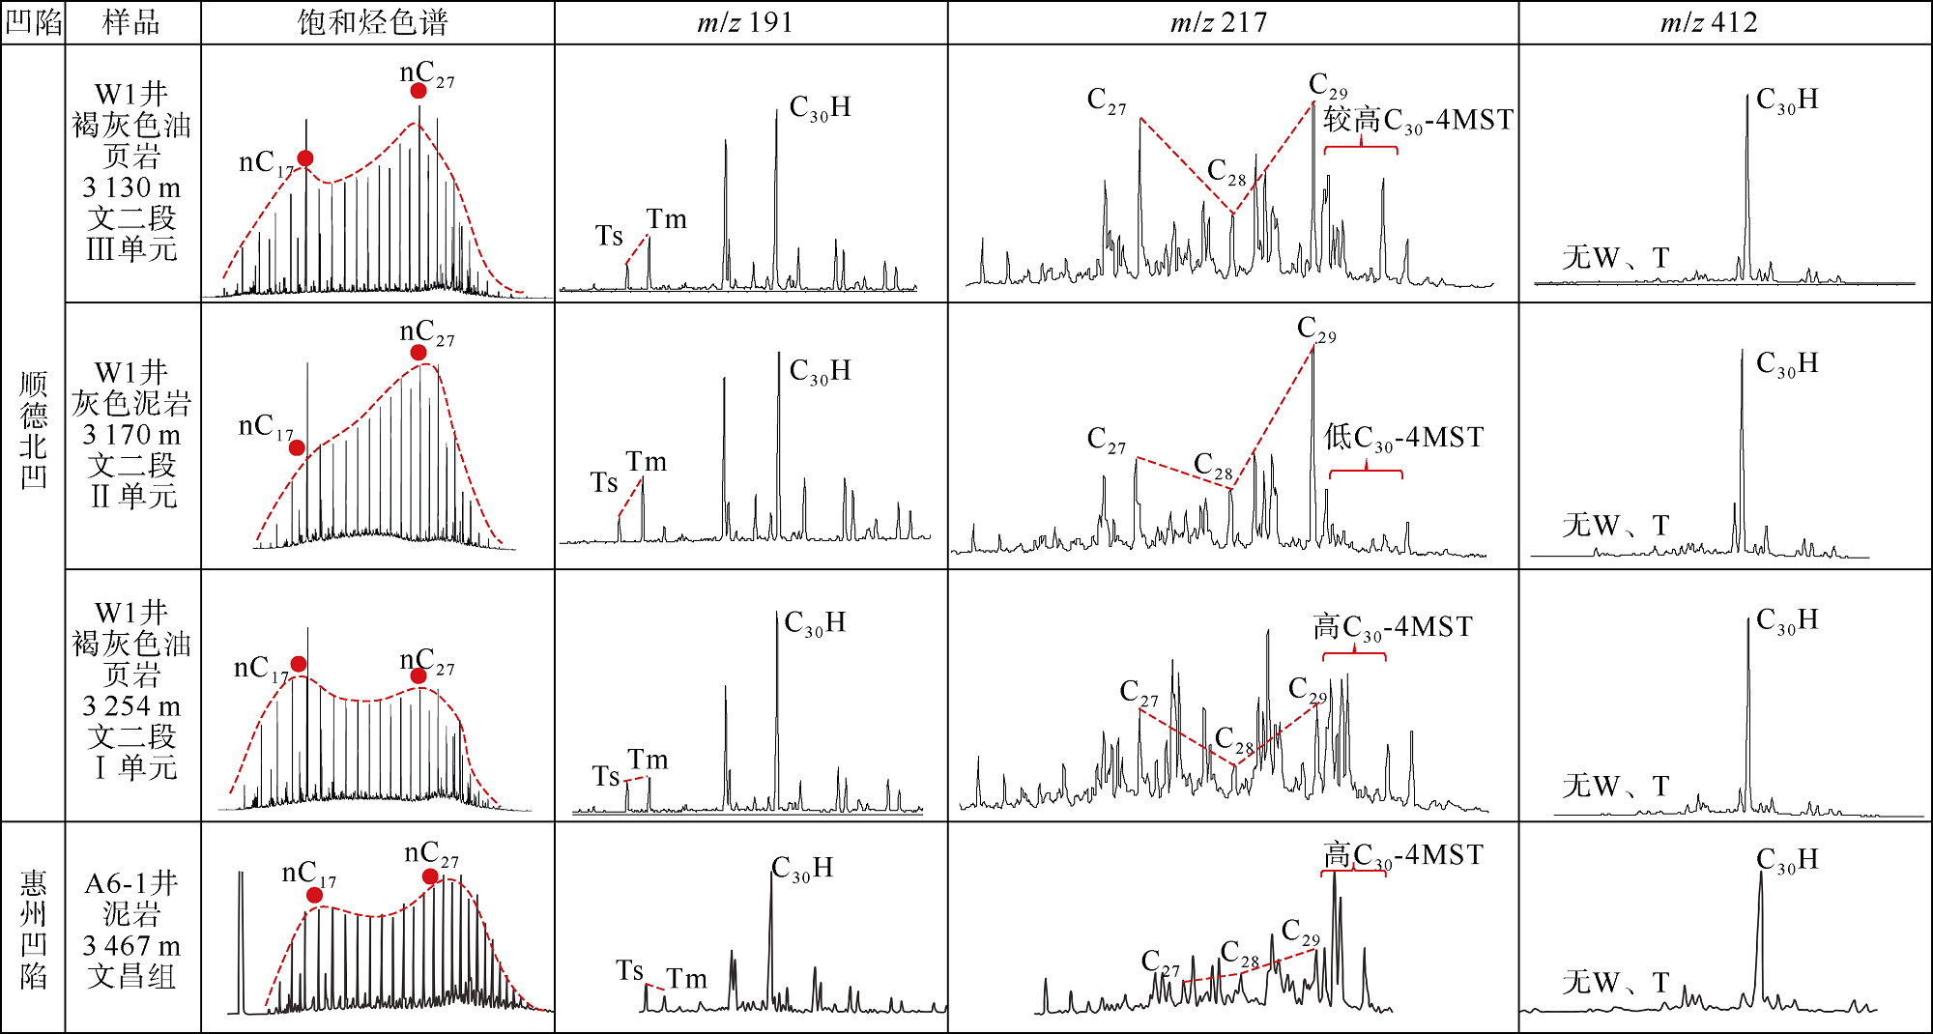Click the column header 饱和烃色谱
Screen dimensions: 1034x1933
[x=373, y=22]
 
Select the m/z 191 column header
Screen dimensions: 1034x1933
[x=745, y=22]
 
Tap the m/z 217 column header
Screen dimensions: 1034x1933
[x=1219, y=22]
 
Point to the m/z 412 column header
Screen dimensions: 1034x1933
[x=1709, y=22]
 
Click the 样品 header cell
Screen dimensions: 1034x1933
[x=131, y=22]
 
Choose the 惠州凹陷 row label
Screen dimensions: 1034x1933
[x=34, y=928]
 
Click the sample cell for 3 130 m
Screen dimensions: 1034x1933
[x=132, y=172]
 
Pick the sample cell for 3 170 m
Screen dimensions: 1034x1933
[x=132, y=435]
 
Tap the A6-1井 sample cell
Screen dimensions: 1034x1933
[x=132, y=929]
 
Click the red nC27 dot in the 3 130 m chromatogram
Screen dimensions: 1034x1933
[x=418, y=91]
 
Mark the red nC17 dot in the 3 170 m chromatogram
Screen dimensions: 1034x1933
[x=297, y=447]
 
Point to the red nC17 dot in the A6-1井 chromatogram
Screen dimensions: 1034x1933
[x=314, y=895]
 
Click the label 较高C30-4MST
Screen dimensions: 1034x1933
[x=1417, y=121]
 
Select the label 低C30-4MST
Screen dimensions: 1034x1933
[x=1403, y=438]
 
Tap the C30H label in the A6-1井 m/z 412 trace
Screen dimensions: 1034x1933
[x=1787, y=859]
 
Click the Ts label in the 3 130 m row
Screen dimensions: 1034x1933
[x=609, y=235]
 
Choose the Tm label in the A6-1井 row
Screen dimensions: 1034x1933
[x=687, y=979]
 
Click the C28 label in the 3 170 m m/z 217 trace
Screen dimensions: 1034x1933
[x=1214, y=466]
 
